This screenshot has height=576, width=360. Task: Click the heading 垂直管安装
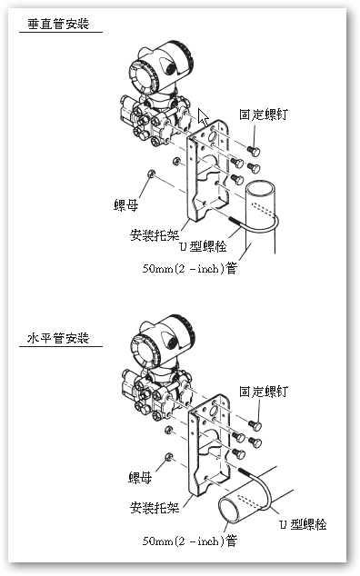pyautogui.click(x=59, y=26)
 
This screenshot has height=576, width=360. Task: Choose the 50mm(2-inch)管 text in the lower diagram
pyautogui.click(x=189, y=541)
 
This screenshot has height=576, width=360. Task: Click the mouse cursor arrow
pyautogui.click(x=205, y=118)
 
